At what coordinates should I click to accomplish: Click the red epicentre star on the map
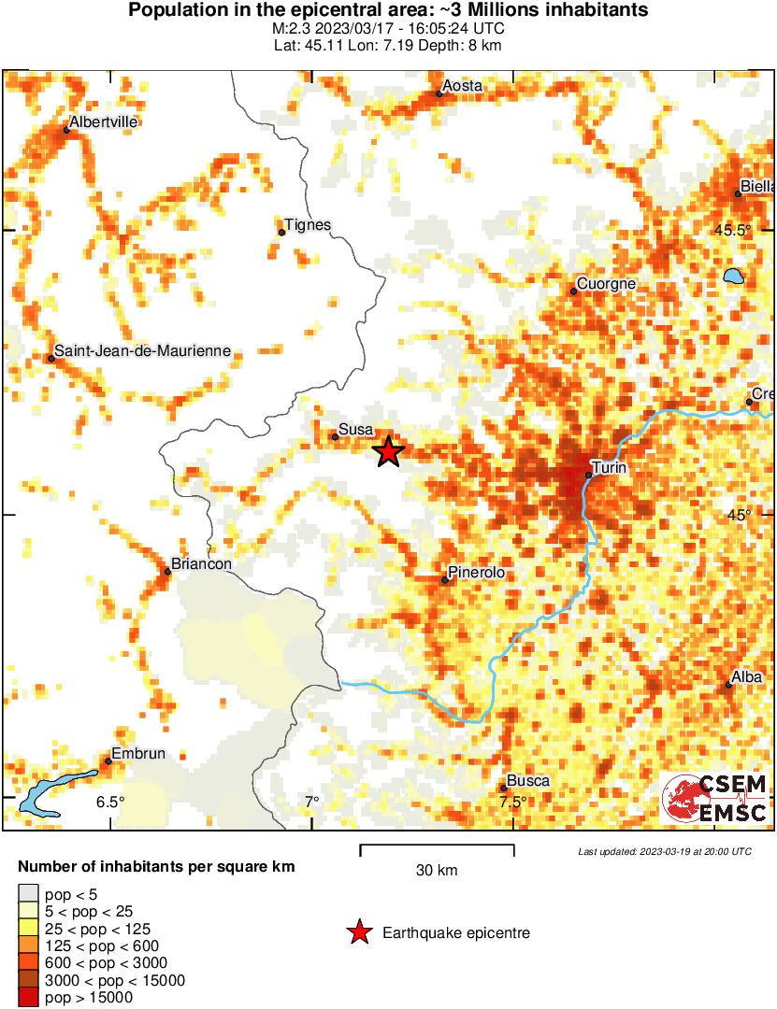click(x=388, y=452)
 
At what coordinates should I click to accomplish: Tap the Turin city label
click(x=609, y=466)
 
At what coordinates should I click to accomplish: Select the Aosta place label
click(x=463, y=86)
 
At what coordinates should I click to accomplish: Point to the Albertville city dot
click(x=66, y=130)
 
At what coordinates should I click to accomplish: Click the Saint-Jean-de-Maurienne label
click(x=142, y=351)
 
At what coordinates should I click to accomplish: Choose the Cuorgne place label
click(x=606, y=284)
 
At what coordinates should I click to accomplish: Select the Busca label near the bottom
click(x=527, y=780)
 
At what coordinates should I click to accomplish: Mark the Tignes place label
click(x=308, y=225)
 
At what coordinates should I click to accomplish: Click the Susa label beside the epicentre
click(x=356, y=429)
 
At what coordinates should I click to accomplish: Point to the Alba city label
click(x=747, y=677)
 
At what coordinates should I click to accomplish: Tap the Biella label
click(x=758, y=185)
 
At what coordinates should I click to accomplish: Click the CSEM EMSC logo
click(x=715, y=799)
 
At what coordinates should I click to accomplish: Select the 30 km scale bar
click(x=437, y=849)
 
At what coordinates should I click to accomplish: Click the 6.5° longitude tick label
click(x=109, y=802)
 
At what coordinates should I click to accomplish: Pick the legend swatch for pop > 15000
click(x=30, y=998)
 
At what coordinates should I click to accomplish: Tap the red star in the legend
click(x=358, y=932)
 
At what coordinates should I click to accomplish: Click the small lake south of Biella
click(x=733, y=277)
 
